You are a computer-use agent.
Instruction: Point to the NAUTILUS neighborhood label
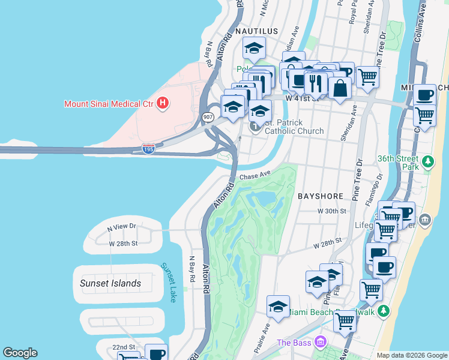[x=256, y=31]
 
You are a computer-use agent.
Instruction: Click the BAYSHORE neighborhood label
[x=321, y=196]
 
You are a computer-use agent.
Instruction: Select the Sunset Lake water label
[x=169, y=282]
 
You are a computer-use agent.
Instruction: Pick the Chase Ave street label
[x=256, y=176]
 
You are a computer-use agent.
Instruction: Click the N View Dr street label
[x=122, y=227]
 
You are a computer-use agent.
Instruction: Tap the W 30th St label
[x=333, y=211]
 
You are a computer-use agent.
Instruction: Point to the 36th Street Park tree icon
[x=427, y=161]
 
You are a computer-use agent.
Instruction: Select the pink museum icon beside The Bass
[x=321, y=342]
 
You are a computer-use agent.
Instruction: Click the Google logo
[x=20, y=353]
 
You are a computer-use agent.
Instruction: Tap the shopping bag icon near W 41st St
[x=340, y=88]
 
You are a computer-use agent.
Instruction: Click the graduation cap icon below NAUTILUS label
[x=254, y=49]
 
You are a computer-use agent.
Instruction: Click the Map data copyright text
[x=412, y=355]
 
